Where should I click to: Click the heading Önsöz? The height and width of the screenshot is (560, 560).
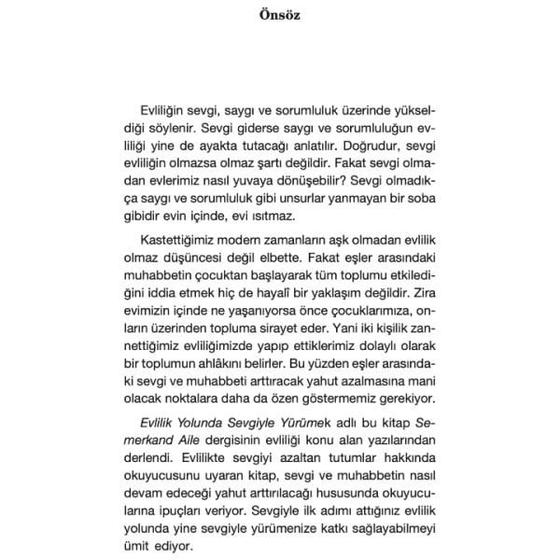(x=279, y=15)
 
